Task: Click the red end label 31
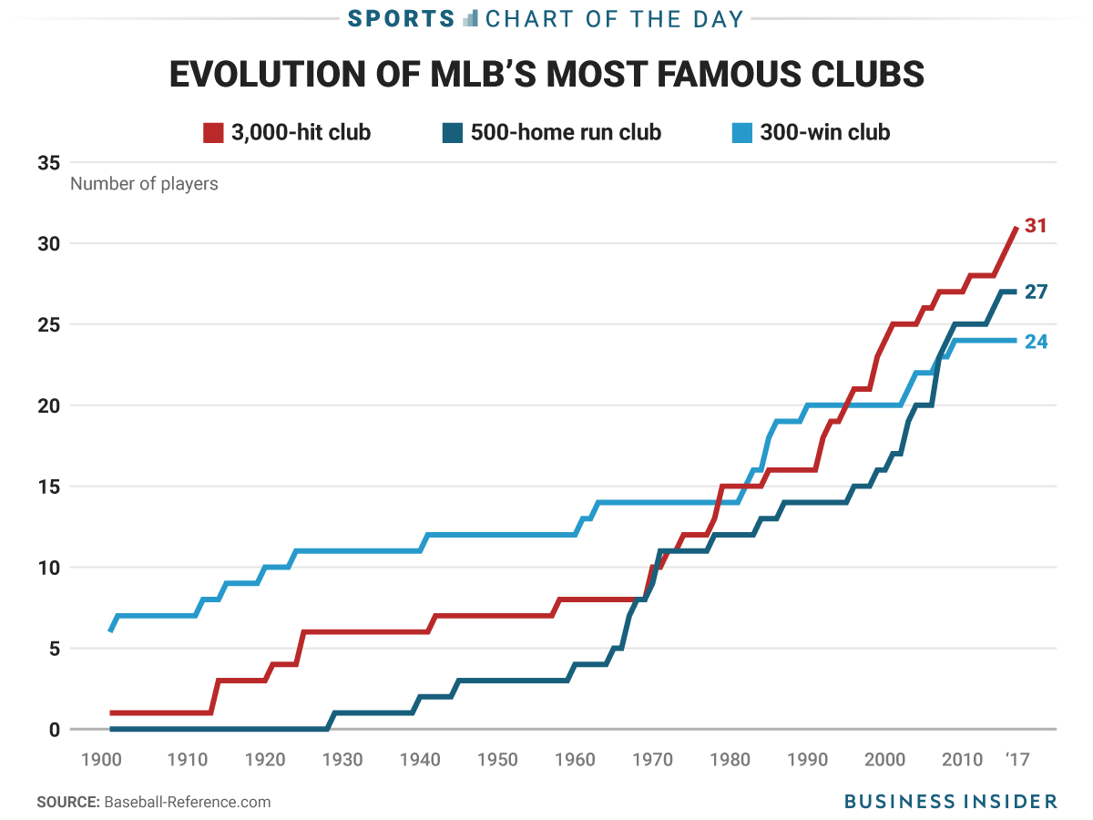[1036, 225]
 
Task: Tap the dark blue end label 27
[1036, 292]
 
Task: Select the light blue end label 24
[1036, 343]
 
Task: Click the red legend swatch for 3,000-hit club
[212, 132]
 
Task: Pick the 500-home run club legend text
[566, 132]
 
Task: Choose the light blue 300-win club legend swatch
[742, 132]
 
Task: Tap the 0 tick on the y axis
[54, 730]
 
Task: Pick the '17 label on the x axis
[1017, 759]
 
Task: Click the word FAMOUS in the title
[714, 75]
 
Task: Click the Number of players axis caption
[144, 184]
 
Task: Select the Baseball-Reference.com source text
[188, 803]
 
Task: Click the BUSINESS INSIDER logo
[950, 802]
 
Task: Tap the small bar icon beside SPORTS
[470, 18]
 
